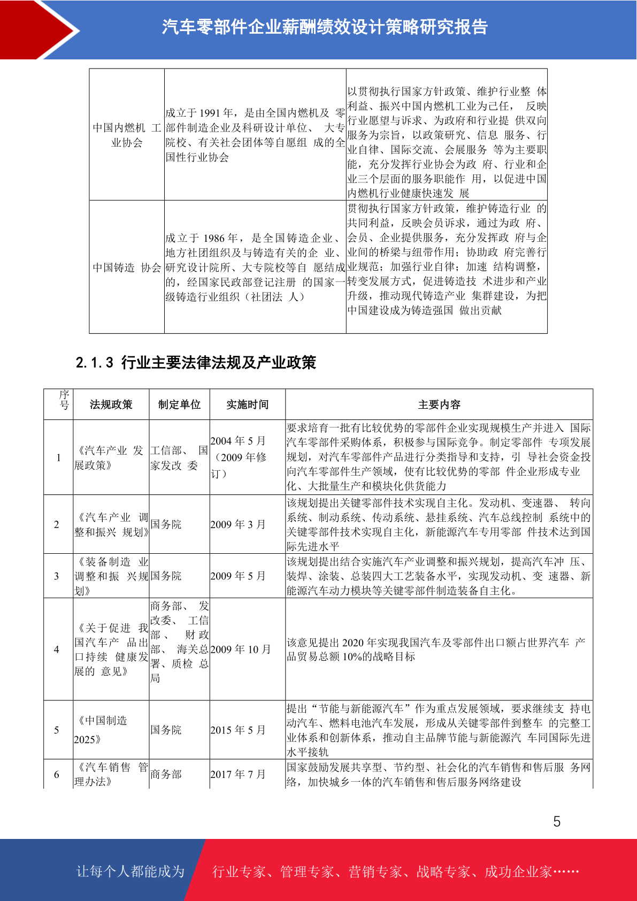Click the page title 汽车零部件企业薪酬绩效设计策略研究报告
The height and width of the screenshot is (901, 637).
point(325,27)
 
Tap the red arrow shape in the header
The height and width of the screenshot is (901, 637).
point(37,29)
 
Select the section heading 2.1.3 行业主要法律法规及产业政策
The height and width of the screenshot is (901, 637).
point(196,363)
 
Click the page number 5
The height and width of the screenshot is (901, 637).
point(557,822)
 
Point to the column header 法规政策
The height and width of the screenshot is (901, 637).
point(111,404)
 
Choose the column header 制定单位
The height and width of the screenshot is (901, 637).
point(179,404)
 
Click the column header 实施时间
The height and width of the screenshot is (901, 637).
point(247,404)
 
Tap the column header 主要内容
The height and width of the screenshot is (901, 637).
point(439,404)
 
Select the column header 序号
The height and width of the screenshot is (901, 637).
point(64,400)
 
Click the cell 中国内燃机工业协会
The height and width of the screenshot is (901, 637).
point(127,135)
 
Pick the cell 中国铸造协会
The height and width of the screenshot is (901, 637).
point(127,268)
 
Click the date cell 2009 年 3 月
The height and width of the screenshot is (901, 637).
point(238,524)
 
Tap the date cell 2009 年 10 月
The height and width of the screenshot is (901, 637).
point(241,650)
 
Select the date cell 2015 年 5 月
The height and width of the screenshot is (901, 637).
point(238,730)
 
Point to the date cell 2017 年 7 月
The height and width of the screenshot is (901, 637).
point(238,774)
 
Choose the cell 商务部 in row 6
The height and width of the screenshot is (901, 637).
point(166,774)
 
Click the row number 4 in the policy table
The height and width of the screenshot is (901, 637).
point(57,650)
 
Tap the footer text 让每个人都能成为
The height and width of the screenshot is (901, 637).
point(131,872)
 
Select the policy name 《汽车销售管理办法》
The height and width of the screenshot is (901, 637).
point(111,774)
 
